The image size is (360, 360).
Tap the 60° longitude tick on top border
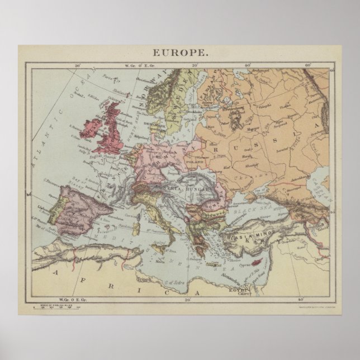pyautogui.click(x=307, y=66)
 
